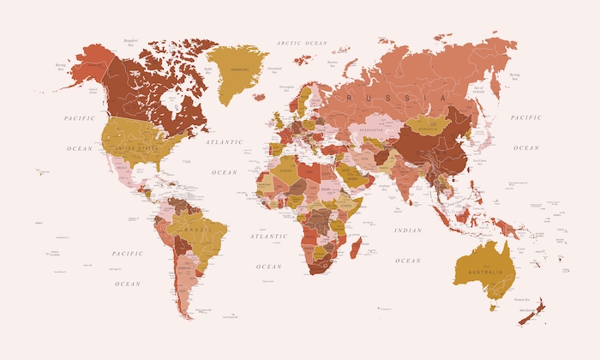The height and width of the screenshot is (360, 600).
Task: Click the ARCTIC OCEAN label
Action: [302, 43]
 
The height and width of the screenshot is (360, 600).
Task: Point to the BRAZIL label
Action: [198, 231]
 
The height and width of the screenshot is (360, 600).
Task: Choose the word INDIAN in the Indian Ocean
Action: [407, 231]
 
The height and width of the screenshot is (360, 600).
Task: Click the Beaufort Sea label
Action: [131, 39]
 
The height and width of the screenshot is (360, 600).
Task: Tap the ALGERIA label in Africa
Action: [286, 169]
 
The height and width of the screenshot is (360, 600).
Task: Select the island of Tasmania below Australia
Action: [494, 304]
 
